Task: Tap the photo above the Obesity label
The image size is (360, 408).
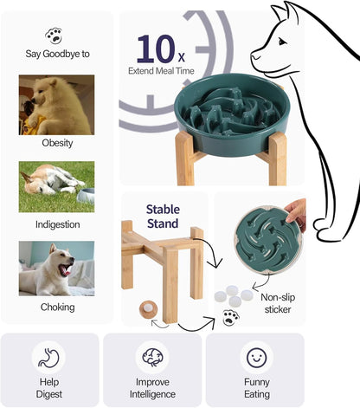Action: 57,104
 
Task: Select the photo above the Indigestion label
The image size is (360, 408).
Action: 57,186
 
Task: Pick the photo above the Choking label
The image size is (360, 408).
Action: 57,268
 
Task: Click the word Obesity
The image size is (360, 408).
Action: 57,143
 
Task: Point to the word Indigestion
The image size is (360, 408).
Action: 57,224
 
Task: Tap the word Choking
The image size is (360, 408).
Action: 57,307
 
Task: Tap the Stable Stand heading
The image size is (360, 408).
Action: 163,216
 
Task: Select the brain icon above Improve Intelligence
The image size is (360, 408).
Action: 152,357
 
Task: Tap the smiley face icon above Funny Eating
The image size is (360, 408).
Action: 256,356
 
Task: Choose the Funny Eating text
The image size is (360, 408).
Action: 256,388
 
